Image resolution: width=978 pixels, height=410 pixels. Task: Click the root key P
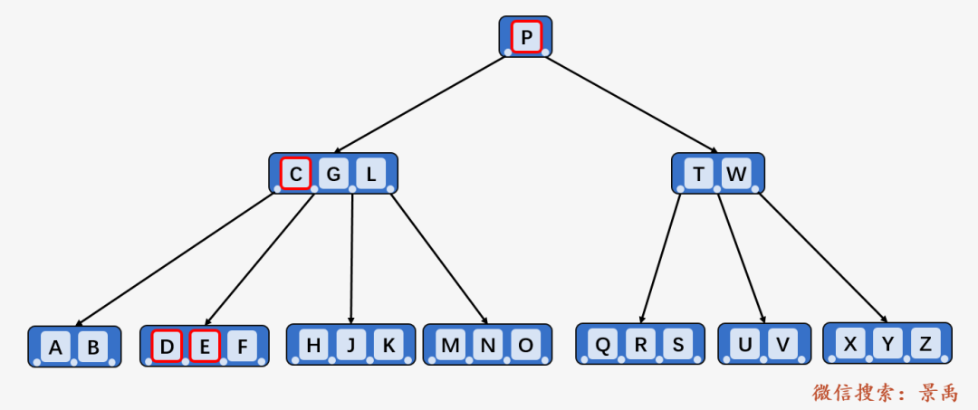tap(526, 37)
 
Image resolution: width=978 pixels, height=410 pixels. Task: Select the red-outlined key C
tap(295, 174)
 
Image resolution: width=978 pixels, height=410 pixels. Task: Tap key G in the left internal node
tap(333, 174)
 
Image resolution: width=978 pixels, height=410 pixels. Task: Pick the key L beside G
tap(371, 174)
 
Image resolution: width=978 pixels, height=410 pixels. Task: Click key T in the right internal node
tap(699, 174)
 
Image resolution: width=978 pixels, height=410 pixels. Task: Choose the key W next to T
tap(736, 174)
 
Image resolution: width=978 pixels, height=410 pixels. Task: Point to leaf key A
tap(55, 347)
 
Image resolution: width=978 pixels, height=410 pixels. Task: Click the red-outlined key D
tap(167, 346)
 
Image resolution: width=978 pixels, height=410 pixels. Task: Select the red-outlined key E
tap(205, 346)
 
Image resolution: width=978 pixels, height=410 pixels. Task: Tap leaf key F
tap(242, 346)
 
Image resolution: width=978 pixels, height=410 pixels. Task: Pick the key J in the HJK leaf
tap(351, 345)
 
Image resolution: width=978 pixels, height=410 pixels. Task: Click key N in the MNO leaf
tap(488, 345)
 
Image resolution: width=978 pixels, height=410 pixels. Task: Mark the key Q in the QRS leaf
tap(602, 344)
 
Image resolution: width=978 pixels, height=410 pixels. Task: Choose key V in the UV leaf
tap(782, 344)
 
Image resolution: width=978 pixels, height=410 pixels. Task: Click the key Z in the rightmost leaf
tap(925, 343)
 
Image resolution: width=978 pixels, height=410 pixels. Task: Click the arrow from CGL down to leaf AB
tap(175, 260)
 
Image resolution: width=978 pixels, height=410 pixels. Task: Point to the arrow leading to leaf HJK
tap(351, 259)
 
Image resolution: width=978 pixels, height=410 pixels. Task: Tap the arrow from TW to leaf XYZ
tap(823, 258)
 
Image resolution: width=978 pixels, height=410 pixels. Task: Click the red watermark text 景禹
tap(937, 393)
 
